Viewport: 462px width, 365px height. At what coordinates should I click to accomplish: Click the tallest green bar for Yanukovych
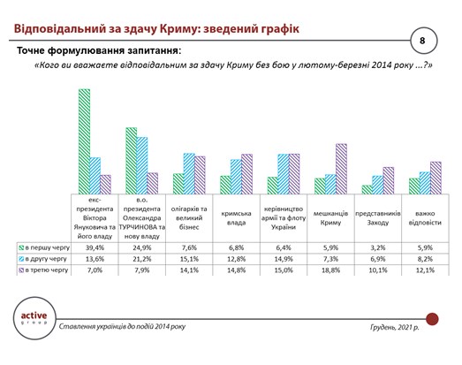point(85,141)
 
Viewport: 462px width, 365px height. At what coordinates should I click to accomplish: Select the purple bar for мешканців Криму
point(341,168)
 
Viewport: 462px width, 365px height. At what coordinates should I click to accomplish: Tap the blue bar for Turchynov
point(143,165)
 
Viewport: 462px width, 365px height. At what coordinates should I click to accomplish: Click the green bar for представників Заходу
point(367,188)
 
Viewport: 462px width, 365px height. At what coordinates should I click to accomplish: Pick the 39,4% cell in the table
point(95,248)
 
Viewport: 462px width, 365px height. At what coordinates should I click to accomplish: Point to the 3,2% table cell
point(378,248)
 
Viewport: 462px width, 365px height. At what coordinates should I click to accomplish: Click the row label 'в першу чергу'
point(45,248)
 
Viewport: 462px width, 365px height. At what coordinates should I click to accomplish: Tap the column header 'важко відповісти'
point(425,217)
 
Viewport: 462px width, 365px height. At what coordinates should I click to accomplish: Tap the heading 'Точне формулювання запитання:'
point(99,51)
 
